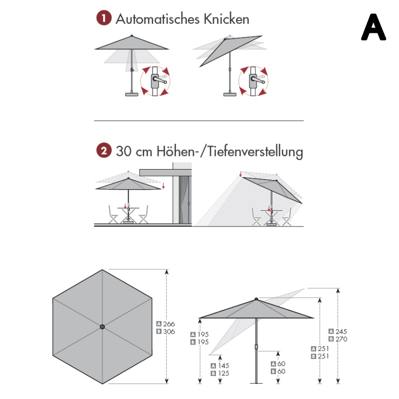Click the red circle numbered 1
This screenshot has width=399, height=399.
(103, 19)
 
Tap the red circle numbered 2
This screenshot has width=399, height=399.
(103, 150)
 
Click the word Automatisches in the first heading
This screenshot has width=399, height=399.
(157, 19)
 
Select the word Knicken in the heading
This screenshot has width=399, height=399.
(226, 19)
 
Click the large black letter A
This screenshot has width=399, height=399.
(373, 27)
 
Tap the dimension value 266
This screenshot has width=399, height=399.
(169, 324)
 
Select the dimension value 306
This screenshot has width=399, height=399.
(169, 331)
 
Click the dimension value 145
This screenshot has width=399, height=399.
(224, 366)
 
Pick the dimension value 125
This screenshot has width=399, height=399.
(224, 373)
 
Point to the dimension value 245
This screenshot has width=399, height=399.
(341, 331)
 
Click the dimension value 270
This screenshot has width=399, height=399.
(341, 339)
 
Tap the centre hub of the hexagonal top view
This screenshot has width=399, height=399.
(102, 327)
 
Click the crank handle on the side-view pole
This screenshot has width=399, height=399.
(256, 346)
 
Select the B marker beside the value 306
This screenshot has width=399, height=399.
(159, 331)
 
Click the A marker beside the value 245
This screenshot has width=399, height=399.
(331, 331)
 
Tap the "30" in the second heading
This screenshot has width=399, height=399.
(123, 151)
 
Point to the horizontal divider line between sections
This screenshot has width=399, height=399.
(199, 121)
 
